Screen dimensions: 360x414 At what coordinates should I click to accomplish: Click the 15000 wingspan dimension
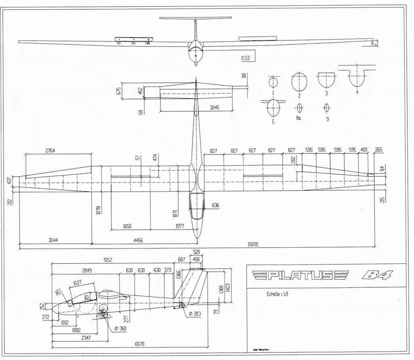(253, 244)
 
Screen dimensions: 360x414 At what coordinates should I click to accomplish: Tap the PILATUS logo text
(299, 276)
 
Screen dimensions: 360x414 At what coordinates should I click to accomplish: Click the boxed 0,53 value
(245, 58)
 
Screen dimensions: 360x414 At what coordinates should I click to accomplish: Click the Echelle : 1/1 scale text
(278, 294)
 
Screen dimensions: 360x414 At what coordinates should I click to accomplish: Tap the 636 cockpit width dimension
(215, 206)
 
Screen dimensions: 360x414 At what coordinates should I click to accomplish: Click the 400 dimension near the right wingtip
(364, 150)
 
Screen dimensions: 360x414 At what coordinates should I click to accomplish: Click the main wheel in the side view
(103, 313)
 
